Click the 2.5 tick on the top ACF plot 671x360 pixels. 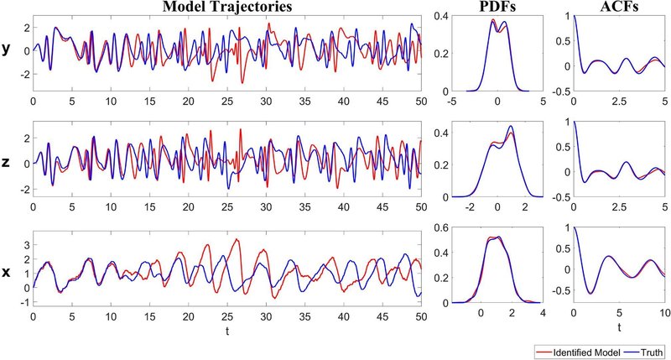616,102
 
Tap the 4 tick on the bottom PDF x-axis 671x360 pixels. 543,313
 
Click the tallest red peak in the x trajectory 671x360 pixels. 237,240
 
